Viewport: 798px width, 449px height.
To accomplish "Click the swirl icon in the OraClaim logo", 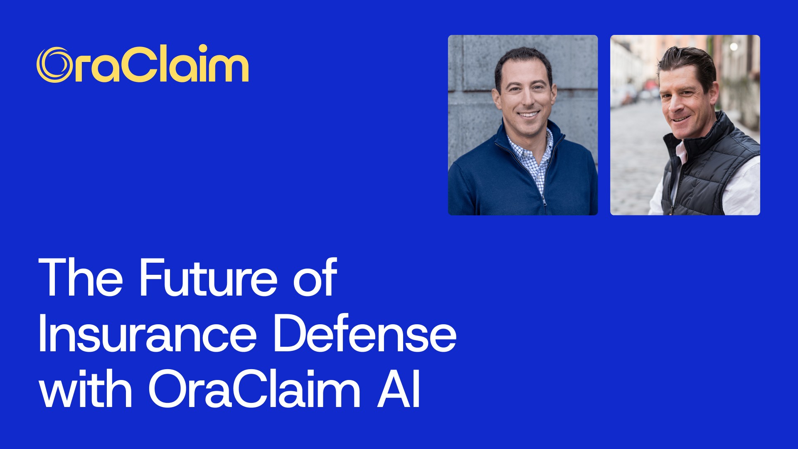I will (53, 65).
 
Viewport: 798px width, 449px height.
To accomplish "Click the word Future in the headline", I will (208, 278).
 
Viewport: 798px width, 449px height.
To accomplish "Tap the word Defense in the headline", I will (365, 334).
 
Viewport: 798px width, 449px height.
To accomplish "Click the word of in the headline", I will (315, 278).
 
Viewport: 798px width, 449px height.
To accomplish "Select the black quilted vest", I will (702, 170).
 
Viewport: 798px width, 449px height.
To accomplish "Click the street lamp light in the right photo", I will (734, 47).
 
